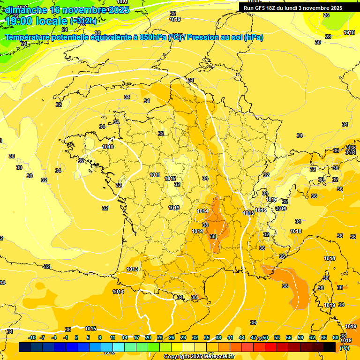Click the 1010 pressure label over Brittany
[108, 147]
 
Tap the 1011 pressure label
[155, 175]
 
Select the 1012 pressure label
[170, 179]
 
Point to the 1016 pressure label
[261, 210]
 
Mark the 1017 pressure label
[271, 199]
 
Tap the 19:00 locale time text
[36, 21]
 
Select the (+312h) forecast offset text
[83, 21]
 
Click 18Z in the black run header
[278, 8]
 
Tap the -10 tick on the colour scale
[31, 338]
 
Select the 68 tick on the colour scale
[336, 338]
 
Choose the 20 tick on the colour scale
[148, 338]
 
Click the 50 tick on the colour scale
[265, 338]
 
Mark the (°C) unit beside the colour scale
[344, 348]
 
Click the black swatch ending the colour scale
[330, 347]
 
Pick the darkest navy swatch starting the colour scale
[25, 347]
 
